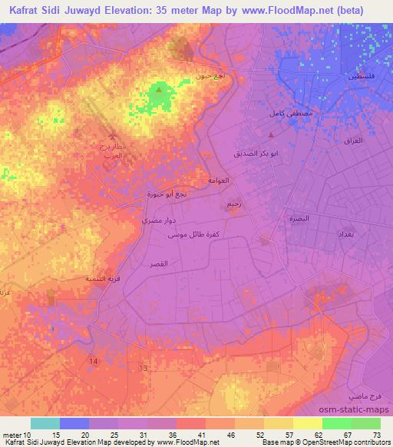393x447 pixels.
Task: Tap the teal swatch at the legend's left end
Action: (x=45, y=423)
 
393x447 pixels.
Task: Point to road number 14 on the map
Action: (x=94, y=361)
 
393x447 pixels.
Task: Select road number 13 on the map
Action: (x=142, y=369)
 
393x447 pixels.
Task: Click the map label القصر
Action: (x=158, y=263)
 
